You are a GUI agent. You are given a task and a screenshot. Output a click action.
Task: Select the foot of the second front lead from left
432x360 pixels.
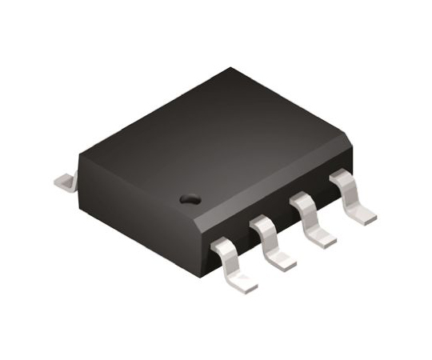click(282, 258)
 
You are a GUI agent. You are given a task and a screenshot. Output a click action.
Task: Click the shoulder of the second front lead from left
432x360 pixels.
click(264, 226)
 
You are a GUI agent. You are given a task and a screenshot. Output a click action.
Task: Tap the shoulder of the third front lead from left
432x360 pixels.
click(304, 202)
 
